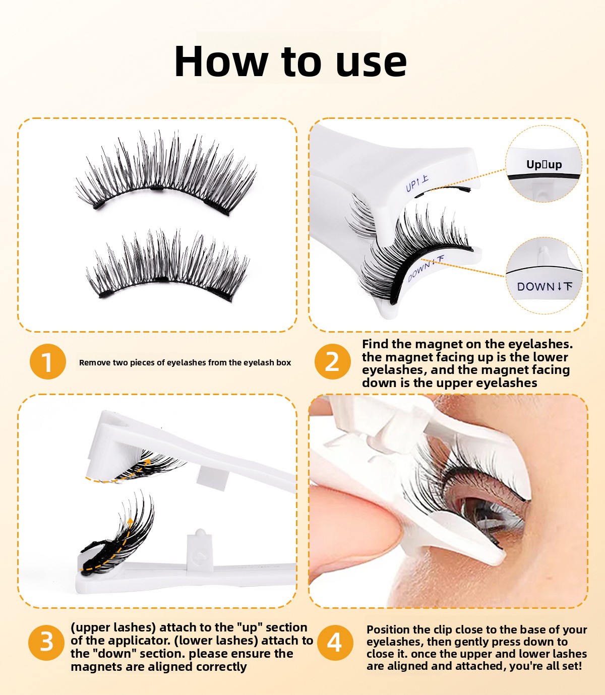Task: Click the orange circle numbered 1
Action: (47, 361)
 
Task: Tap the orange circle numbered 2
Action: (332, 361)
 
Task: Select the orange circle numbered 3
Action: (46, 643)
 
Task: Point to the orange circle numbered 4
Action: (335, 643)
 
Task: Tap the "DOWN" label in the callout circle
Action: (536, 287)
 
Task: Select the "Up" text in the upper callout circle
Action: (533, 165)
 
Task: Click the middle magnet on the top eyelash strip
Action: (157, 188)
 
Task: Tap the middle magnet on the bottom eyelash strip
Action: (162, 279)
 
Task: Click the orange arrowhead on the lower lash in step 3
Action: (130, 521)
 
